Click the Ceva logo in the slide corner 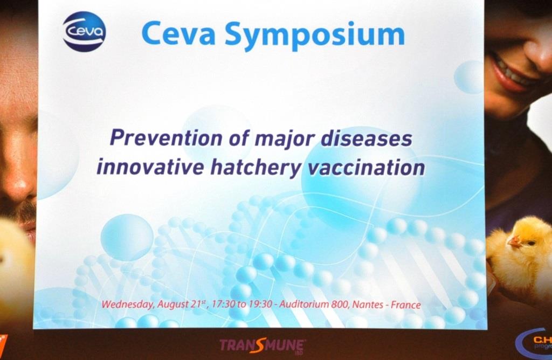[85, 32]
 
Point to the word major [284, 140]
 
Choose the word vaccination [366, 167]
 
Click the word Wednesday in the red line [127, 304]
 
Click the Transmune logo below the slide [263, 346]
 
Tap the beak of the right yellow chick [513, 241]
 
